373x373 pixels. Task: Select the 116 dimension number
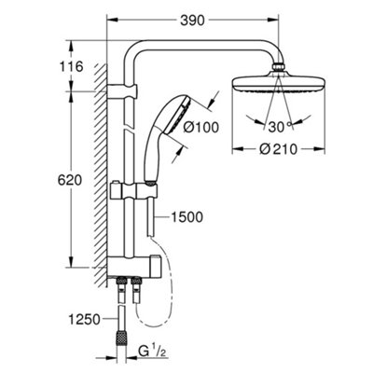point(44,67)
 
